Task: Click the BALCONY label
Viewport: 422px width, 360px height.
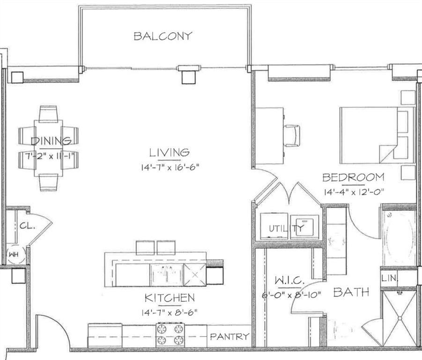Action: pyautogui.click(x=163, y=36)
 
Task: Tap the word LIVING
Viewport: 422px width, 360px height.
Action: pyautogui.click(x=169, y=152)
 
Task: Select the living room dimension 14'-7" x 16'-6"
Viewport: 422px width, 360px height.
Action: pyautogui.click(x=170, y=167)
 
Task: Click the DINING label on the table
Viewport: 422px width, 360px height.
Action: pyautogui.click(x=52, y=141)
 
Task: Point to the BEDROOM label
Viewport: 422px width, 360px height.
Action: pyautogui.click(x=353, y=178)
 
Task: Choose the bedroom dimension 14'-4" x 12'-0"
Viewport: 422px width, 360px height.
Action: pyautogui.click(x=353, y=192)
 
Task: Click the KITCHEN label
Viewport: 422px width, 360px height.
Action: pyautogui.click(x=169, y=298)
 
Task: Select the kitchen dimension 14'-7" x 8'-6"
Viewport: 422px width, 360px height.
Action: pyautogui.click(x=169, y=311)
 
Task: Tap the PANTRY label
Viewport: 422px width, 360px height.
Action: pyautogui.click(x=229, y=336)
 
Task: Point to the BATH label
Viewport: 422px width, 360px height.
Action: pyautogui.click(x=351, y=292)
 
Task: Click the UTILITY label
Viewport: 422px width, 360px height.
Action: pyautogui.click(x=287, y=229)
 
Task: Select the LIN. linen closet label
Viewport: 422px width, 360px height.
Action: pyautogui.click(x=390, y=278)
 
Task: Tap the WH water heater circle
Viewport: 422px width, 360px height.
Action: pyautogui.click(x=13, y=255)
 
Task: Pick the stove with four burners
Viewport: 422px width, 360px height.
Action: pyautogui.click(x=170, y=335)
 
